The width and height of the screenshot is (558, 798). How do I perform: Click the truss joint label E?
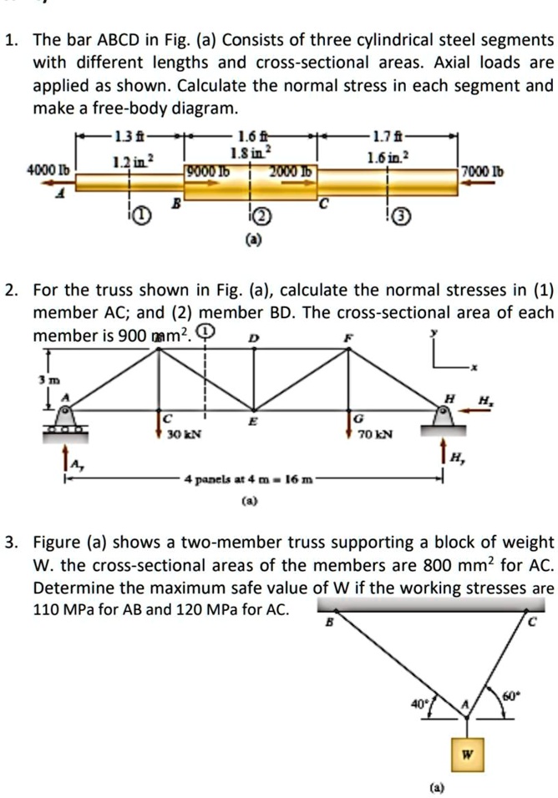coord(254,421)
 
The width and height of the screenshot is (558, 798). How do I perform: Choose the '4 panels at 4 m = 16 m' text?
coord(248,481)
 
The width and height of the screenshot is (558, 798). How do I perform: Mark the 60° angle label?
coord(510,695)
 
